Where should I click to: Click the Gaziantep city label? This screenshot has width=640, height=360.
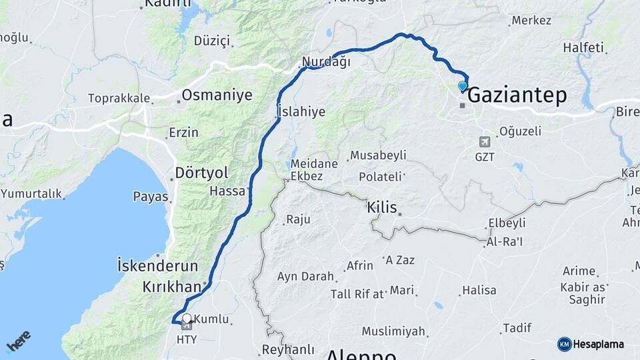(x=517, y=95)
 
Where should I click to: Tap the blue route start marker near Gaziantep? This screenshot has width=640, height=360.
(x=463, y=86)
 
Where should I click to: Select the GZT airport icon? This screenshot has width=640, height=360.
(x=485, y=142)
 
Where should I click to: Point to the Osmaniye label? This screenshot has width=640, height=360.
(x=217, y=95)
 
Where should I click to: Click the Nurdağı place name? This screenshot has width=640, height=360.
(x=326, y=61)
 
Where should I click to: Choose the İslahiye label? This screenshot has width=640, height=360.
(x=301, y=111)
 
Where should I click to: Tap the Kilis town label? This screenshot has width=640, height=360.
(x=382, y=207)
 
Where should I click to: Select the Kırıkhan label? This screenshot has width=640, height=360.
(x=171, y=287)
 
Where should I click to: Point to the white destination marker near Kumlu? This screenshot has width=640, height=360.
(x=187, y=319)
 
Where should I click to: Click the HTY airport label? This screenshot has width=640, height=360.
(x=187, y=339)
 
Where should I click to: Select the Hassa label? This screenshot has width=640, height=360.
(x=227, y=191)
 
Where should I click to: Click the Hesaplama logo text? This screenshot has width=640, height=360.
(x=599, y=344)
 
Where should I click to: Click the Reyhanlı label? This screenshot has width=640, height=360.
(x=288, y=349)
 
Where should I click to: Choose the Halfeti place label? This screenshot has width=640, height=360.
(x=583, y=47)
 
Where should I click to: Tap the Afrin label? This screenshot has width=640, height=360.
(x=360, y=266)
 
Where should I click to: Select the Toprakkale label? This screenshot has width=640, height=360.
(x=119, y=98)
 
